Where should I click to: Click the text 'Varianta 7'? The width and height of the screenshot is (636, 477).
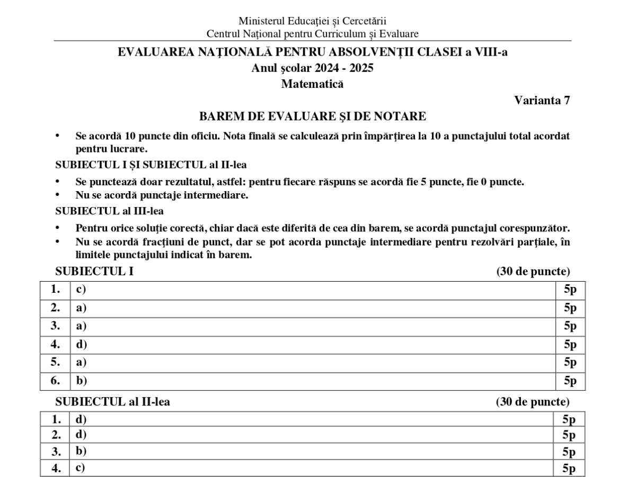542,101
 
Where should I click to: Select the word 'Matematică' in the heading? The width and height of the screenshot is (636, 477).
312,84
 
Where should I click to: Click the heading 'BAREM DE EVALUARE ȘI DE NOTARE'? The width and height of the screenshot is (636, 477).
313,116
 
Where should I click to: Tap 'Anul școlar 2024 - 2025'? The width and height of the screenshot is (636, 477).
312,68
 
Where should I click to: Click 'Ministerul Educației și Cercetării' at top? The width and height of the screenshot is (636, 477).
312,22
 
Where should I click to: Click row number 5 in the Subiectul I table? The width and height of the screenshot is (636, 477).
55,363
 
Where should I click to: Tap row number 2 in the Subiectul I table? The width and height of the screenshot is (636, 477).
55,308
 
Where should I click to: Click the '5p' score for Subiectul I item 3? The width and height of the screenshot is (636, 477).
570,326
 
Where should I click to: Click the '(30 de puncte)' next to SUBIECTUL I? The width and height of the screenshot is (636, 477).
533,272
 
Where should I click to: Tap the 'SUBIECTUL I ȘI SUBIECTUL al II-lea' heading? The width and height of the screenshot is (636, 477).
151,165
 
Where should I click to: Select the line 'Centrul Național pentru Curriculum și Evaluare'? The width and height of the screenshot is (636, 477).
312,34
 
